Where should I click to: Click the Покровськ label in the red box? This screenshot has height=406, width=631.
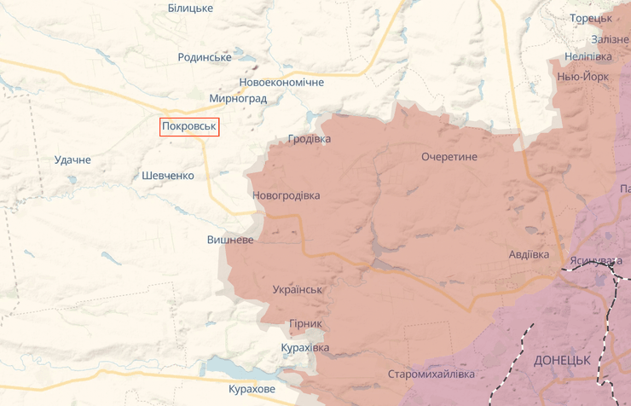click(x=189, y=127)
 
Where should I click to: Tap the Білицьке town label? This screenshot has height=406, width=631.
click(x=190, y=8)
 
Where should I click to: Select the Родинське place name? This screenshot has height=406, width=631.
click(x=205, y=57)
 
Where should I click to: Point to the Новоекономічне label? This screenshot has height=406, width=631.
click(x=281, y=83)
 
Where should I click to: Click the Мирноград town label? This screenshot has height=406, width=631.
click(x=238, y=99)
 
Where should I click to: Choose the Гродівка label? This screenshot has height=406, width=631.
click(x=310, y=138)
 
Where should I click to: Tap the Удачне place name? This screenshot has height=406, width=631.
click(x=72, y=159)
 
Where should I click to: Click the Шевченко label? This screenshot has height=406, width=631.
click(x=168, y=176)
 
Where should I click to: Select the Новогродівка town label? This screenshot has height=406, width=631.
click(x=287, y=195)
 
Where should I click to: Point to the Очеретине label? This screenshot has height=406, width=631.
click(x=449, y=157)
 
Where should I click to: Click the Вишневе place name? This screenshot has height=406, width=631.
click(x=230, y=240)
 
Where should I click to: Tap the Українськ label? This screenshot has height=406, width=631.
click(x=298, y=289)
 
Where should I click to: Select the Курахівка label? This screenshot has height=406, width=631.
click(x=304, y=348)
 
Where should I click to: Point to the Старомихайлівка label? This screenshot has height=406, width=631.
click(x=431, y=374)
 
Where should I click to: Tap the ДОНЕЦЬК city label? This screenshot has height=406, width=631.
click(x=562, y=360)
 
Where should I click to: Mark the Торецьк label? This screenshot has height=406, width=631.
click(x=591, y=17)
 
